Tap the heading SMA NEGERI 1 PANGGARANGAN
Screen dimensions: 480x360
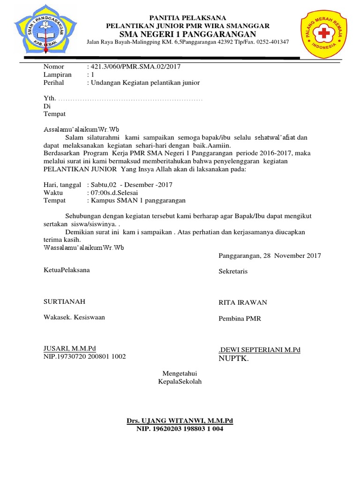click(188, 34)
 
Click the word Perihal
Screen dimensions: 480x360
click(53, 82)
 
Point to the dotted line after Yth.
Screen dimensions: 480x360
click(132, 99)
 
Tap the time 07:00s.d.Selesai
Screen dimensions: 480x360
click(114, 193)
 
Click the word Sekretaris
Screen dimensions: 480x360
click(233, 271)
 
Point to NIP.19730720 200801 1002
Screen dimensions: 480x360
click(85, 356)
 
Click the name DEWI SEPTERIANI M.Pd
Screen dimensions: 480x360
click(260, 350)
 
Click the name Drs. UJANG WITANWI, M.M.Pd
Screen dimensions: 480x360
click(180, 421)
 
